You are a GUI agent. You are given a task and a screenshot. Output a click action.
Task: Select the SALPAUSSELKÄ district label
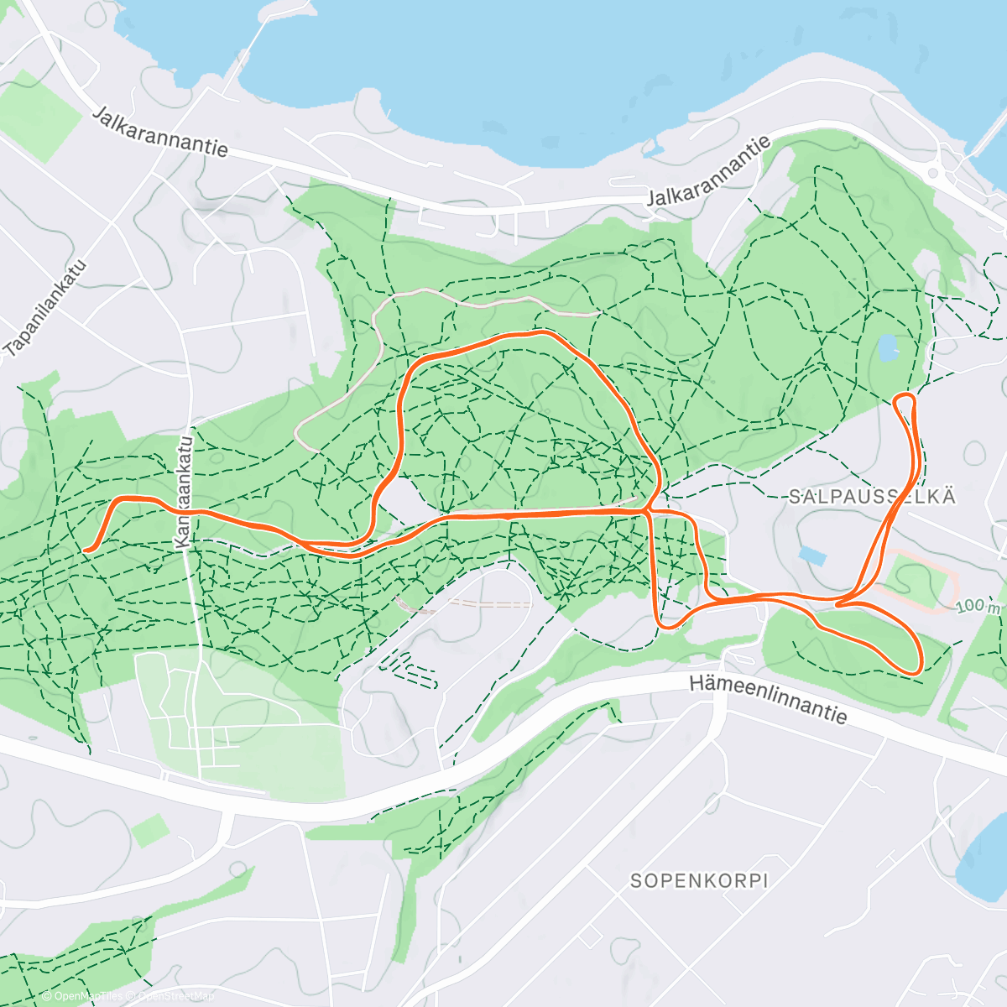[x=872, y=496]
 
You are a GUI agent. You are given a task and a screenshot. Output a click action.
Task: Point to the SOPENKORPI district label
[x=699, y=881]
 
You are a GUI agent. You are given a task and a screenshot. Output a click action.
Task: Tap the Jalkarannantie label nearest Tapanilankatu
[x=160, y=131]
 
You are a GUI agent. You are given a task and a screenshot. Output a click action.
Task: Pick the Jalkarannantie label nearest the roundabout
[x=709, y=173]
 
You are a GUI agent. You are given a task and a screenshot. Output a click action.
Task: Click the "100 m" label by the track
[x=978, y=606]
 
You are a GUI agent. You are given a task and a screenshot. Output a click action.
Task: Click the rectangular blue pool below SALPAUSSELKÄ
[x=811, y=555]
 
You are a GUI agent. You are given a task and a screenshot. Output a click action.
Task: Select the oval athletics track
[x=915, y=579]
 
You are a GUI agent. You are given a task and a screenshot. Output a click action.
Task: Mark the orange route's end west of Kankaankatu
[x=87, y=550]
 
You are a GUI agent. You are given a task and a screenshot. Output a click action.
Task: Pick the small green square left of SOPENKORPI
[x=149, y=831]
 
